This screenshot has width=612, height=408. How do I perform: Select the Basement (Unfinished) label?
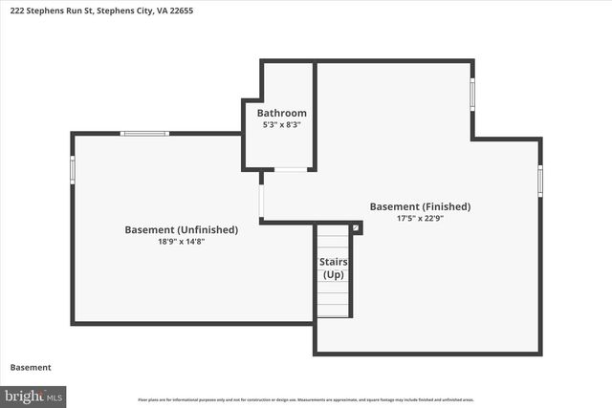click(182, 229)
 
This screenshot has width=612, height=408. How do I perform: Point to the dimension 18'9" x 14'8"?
click(182, 242)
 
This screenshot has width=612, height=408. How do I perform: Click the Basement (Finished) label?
click(420, 206)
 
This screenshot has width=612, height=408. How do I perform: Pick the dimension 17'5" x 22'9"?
click(420, 219)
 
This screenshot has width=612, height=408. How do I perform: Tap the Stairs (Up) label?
click(333, 268)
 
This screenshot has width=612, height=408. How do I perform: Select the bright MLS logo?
click(33, 395)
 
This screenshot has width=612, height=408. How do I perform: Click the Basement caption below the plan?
click(30, 367)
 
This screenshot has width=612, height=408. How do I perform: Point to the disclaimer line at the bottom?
click(306, 399)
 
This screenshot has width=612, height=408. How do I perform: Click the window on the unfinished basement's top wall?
click(144, 133)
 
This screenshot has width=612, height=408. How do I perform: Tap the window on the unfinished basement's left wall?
click(73, 169)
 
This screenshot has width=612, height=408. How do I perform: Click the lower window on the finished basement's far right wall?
click(540, 180)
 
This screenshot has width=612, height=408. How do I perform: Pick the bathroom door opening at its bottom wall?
click(291, 170)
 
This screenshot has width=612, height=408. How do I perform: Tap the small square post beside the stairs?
click(357, 227)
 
